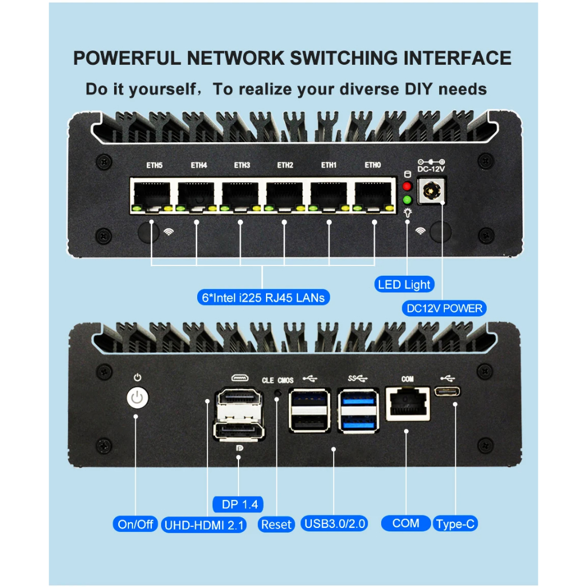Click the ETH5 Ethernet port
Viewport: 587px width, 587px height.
pyautogui.click(x=152, y=195)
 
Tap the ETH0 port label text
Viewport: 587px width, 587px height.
pyautogui.click(x=373, y=166)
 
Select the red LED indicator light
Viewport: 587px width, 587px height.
pyautogui.click(x=408, y=186)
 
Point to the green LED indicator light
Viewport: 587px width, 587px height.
pyautogui.click(x=408, y=200)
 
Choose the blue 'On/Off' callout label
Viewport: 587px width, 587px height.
pyautogui.click(x=135, y=524)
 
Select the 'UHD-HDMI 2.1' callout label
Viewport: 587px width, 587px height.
pyautogui.click(x=204, y=525)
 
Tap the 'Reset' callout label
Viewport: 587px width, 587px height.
pyautogui.click(x=276, y=524)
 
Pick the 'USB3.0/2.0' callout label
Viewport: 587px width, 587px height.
pyautogui.click(x=335, y=523)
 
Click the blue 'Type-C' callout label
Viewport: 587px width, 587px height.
pyautogui.click(x=455, y=524)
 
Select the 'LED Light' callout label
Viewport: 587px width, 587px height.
pyautogui.click(x=405, y=284)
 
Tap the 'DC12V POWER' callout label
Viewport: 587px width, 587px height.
pyautogui.click(x=444, y=308)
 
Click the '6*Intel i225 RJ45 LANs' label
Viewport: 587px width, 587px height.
pyautogui.click(x=262, y=297)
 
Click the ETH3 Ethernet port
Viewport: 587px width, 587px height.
pyautogui.click(x=241, y=195)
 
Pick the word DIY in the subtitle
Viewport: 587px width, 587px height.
pyautogui.click(x=416, y=89)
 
